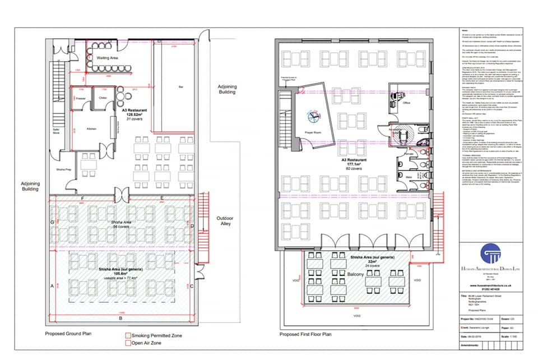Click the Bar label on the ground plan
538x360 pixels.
tap(180, 87)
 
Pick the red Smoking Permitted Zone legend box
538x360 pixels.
tap(127, 335)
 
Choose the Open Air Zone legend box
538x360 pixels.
tap(127, 343)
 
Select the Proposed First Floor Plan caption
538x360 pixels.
tap(307, 334)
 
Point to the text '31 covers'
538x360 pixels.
tap(136, 119)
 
